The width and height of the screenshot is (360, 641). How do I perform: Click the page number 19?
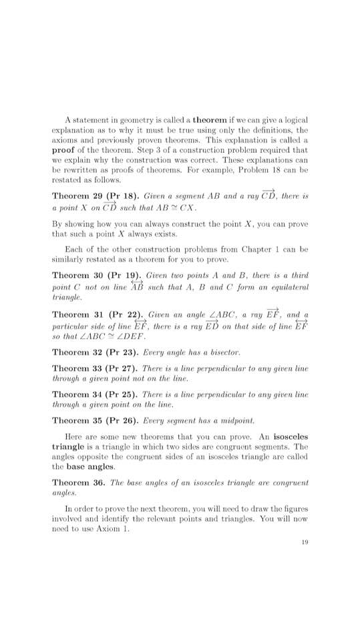304,542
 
